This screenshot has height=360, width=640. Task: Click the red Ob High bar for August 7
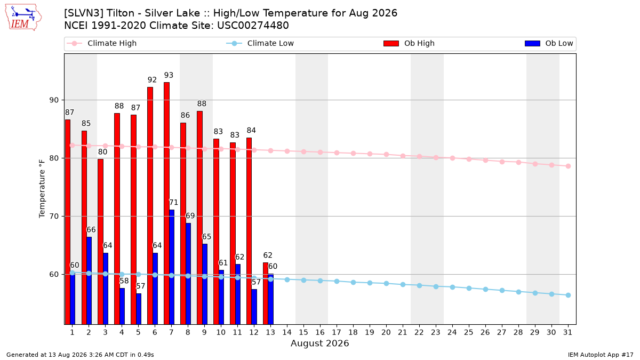(166, 203)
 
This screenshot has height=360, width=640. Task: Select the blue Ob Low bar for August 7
(172, 267)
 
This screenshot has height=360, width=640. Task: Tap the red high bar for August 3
(101, 242)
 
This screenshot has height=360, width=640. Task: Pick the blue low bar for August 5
(139, 309)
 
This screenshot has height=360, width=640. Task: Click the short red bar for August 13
(266, 293)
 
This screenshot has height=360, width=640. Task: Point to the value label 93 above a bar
(169, 75)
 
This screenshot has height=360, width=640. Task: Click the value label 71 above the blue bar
(173, 203)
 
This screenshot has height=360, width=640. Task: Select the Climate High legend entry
(101, 43)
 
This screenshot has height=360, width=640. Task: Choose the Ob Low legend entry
(549, 43)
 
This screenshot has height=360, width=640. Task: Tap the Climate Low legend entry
(260, 43)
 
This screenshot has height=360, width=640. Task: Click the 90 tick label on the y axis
(54, 100)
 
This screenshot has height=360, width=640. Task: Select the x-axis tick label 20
(386, 332)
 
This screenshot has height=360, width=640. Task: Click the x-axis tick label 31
(567, 332)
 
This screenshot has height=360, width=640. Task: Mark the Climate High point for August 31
(568, 166)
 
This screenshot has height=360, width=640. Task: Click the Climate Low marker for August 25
(469, 289)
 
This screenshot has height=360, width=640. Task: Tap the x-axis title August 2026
(319, 343)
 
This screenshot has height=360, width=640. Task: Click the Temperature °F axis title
(42, 189)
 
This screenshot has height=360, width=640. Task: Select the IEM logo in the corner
(23, 18)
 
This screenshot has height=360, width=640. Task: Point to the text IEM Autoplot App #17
(601, 355)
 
